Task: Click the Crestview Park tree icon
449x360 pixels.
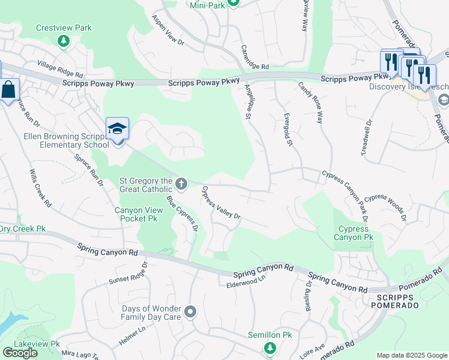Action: [x=64, y=41]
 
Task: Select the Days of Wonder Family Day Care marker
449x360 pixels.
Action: [x=191, y=311]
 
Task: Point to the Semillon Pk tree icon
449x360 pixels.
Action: [x=270, y=347]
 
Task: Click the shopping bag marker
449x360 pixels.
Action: [x=9, y=91]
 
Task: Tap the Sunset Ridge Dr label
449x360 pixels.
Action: [x=127, y=273]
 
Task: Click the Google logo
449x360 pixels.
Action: [x=20, y=352]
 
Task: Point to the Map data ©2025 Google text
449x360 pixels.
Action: [x=411, y=355]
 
